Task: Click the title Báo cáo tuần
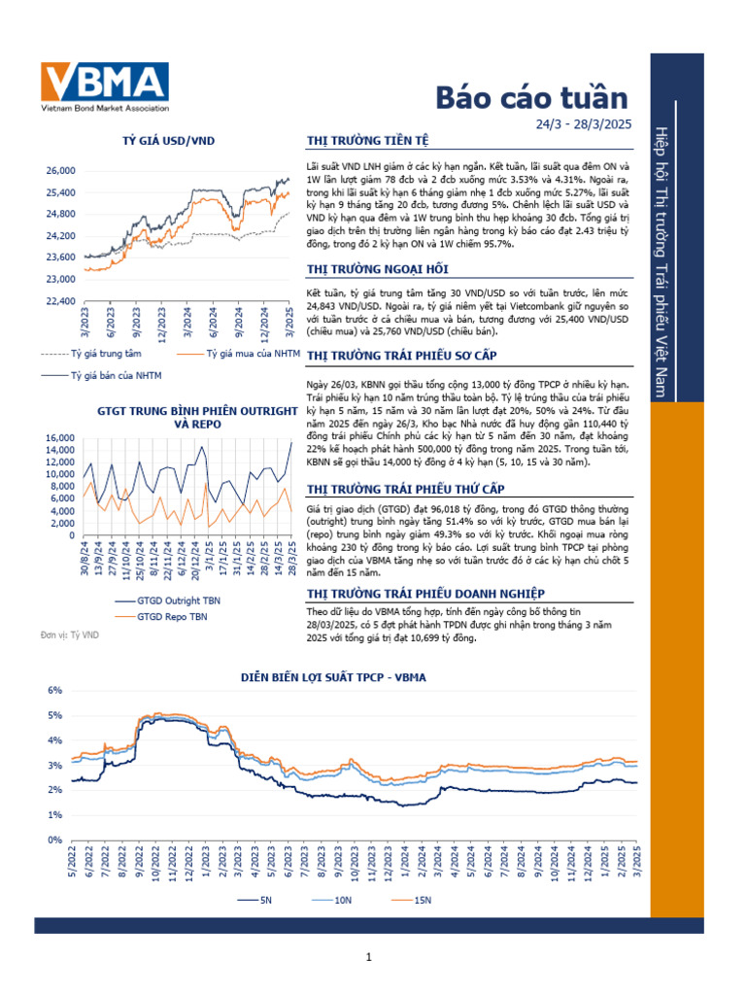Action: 531,97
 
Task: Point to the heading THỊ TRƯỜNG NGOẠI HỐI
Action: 377,268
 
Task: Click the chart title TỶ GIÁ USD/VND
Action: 168,141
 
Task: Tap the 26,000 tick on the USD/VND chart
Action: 60,170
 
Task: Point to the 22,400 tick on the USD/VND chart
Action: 60,301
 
